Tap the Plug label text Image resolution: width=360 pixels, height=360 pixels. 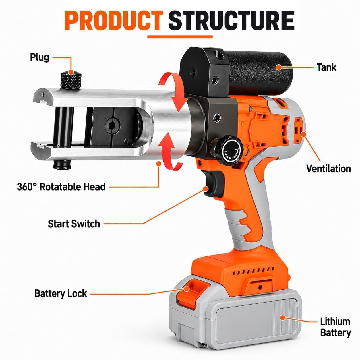click(40, 57)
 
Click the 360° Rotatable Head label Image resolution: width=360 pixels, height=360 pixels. click(61, 187)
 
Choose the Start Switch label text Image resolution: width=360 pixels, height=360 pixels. click(74, 224)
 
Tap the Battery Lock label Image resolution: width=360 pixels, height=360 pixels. click(61, 293)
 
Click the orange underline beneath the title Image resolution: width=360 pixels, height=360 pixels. click(180, 37)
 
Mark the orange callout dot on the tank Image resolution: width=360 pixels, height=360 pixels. click(279, 67)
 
